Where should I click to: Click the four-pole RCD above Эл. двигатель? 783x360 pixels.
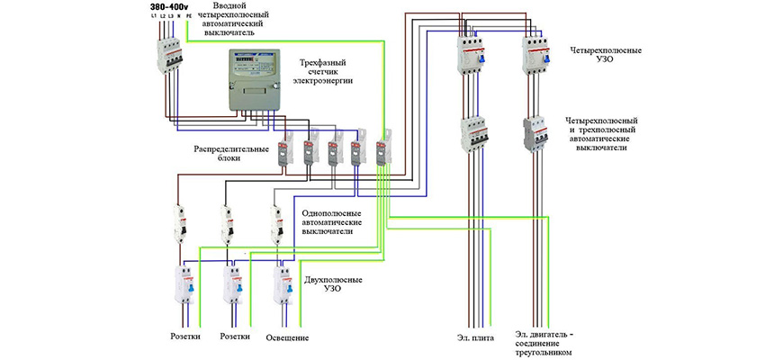click(x=535, y=53)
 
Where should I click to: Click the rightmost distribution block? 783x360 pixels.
click(x=384, y=148)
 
